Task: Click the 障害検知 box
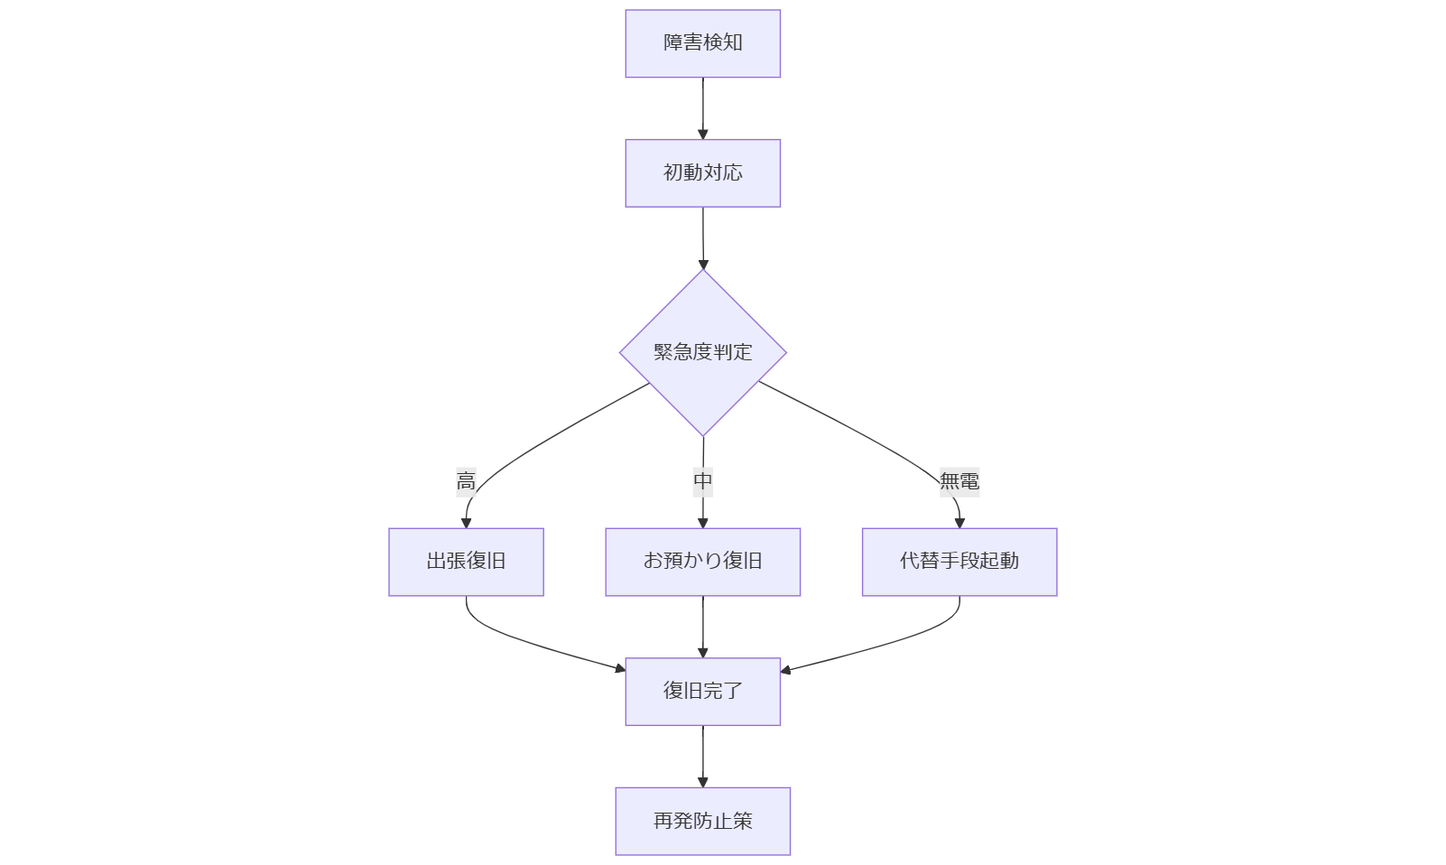[702, 43]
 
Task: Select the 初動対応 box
[702, 173]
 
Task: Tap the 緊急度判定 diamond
[702, 352]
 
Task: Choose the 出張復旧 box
[466, 562]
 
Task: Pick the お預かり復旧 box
[702, 562]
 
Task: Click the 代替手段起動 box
[959, 562]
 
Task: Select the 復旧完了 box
[702, 692]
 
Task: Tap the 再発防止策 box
[702, 821]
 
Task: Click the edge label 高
[466, 481]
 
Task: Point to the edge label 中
[703, 481]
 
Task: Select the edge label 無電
[959, 481]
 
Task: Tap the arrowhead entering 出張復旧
[466, 523]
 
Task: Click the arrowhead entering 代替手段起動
[959, 523]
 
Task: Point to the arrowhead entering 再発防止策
[702, 782]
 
